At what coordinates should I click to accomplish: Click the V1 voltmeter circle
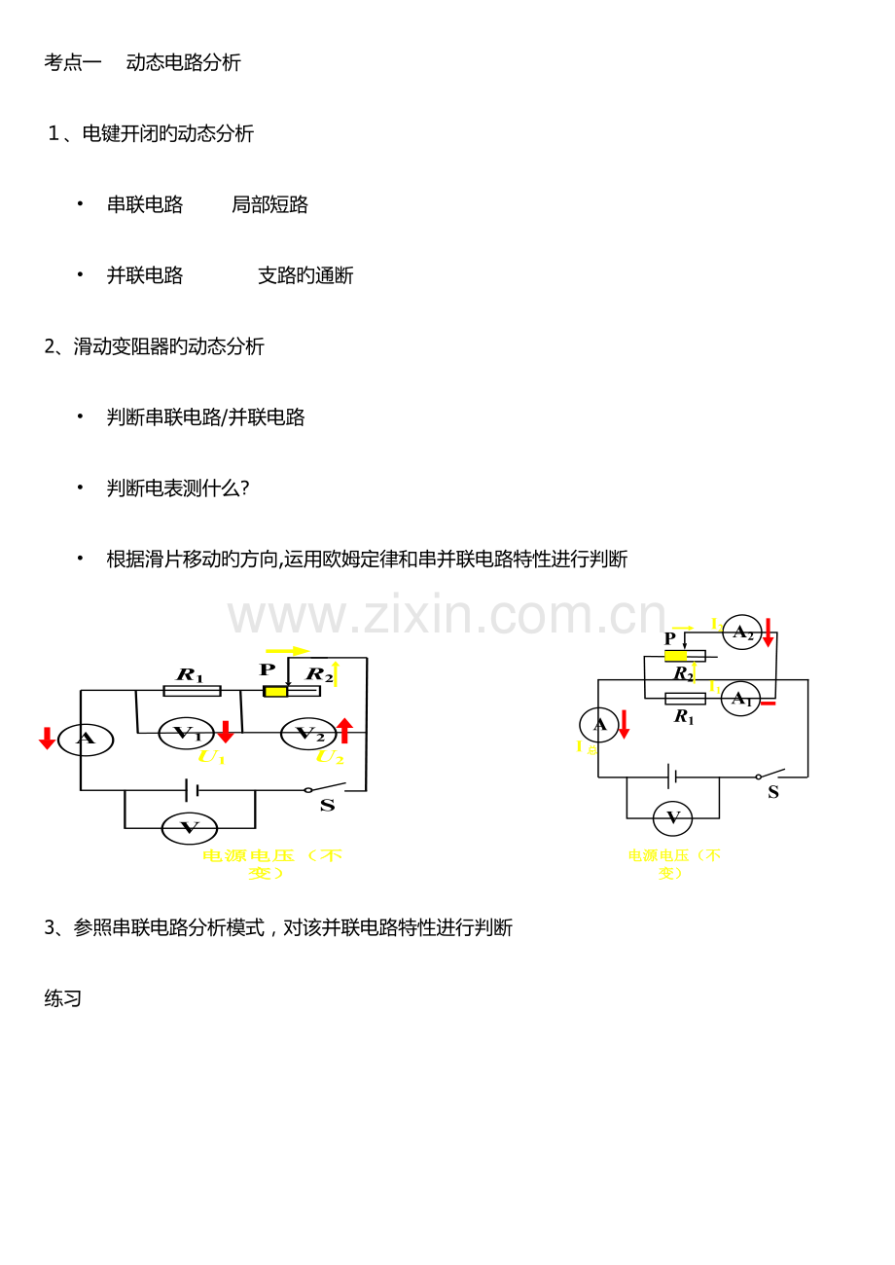point(186,734)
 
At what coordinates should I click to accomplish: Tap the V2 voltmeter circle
point(308,734)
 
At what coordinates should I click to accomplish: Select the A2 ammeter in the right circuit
point(742,632)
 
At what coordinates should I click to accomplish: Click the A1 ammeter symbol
point(740,699)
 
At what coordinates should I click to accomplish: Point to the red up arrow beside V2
point(344,731)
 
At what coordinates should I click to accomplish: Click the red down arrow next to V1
point(226,732)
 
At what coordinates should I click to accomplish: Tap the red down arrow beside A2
point(769,632)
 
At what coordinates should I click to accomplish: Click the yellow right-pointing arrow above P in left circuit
point(287,651)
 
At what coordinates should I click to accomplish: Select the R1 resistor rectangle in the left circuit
point(192,691)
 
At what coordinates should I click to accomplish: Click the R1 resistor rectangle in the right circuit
point(685,699)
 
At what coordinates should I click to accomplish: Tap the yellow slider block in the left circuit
point(275,691)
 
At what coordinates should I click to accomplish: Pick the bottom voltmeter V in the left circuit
point(190,828)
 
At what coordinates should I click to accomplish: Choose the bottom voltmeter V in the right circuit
point(672,818)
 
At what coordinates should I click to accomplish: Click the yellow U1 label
point(210,757)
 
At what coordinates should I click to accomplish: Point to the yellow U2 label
point(330,757)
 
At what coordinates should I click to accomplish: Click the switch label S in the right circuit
point(773,792)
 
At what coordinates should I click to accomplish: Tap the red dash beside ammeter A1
point(769,703)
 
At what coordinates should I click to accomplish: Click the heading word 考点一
point(73,62)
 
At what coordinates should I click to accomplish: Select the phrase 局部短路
point(269,204)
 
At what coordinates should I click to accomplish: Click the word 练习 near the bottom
point(63,998)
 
